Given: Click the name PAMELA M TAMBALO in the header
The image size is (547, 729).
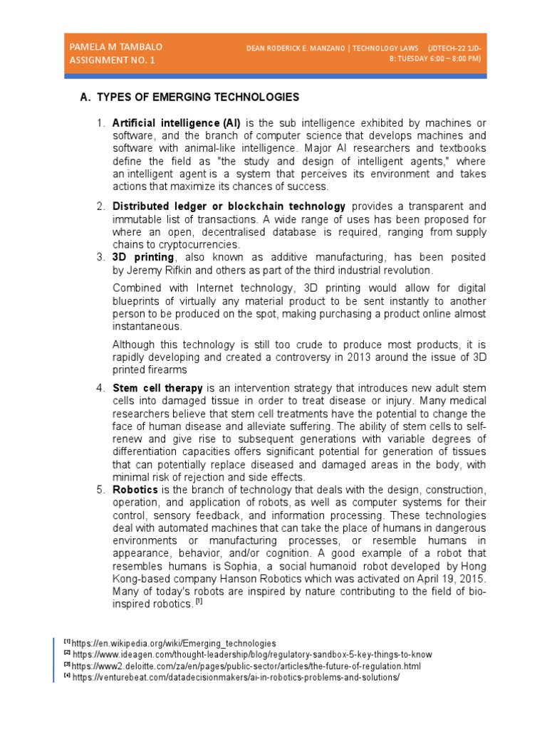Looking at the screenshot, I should pyautogui.click(x=115, y=47).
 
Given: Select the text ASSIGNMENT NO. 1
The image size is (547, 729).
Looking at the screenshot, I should pyautogui.click(x=111, y=61).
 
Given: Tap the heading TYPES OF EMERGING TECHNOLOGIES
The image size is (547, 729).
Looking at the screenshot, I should pyautogui.click(x=197, y=97).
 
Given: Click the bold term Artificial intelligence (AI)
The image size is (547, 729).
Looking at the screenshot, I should pyautogui.click(x=177, y=122).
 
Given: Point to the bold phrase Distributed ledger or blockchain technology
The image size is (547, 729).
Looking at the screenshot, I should pyautogui.click(x=229, y=206).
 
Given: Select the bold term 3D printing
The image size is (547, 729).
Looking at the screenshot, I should pyautogui.click(x=143, y=257).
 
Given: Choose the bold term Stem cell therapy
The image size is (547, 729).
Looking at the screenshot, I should pyautogui.click(x=157, y=388).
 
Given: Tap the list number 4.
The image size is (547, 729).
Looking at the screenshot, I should pyautogui.click(x=100, y=388).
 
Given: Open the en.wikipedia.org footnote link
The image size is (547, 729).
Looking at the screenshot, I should pyautogui.click(x=174, y=643).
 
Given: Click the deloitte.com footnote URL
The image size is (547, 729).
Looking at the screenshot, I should pyautogui.click(x=246, y=666).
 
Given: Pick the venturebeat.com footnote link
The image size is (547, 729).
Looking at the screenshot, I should pyautogui.click(x=236, y=677).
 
